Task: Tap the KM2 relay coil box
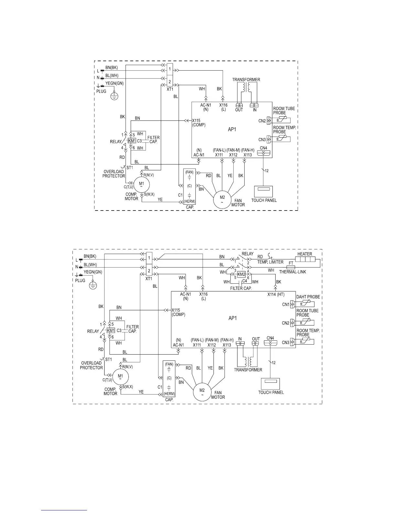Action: point(241,275)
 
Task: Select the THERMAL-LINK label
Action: point(292,272)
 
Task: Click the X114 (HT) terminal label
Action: point(276,294)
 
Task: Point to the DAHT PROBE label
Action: point(308,297)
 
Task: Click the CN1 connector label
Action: point(286,304)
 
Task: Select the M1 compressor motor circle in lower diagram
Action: point(120,377)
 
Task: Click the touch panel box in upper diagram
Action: point(264,191)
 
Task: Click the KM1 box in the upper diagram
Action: point(132,141)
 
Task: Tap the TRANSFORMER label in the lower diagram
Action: point(248,370)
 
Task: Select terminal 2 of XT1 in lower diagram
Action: point(149,270)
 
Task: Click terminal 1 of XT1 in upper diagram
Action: point(170,69)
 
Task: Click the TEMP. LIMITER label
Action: point(270,262)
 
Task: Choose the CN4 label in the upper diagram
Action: point(263,148)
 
